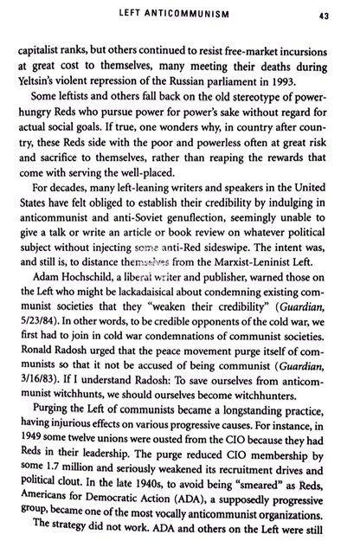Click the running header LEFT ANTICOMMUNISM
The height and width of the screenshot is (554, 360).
[x=180, y=14]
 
